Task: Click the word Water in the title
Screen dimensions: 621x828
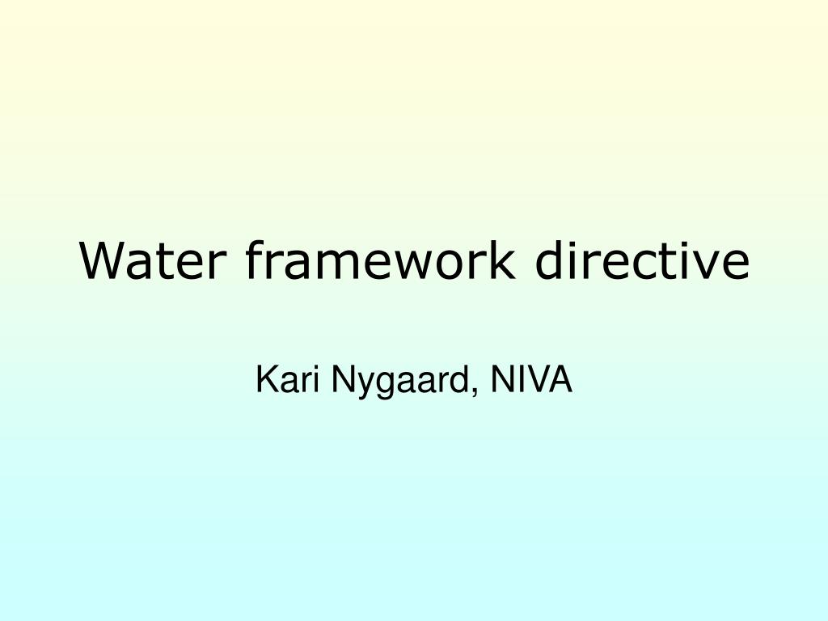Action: [x=150, y=260]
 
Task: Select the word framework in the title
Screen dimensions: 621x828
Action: [x=378, y=260]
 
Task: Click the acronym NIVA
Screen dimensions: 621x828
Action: [x=530, y=380]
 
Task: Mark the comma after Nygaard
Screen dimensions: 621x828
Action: [x=472, y=391]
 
